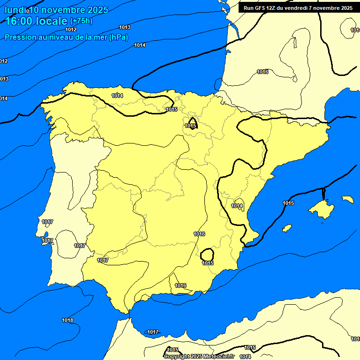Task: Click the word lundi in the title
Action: click(x=15, y=10)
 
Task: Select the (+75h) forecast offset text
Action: click(x=81, y=21)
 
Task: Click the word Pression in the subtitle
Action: click(x=20, y=37)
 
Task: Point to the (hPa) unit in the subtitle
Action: click(x=119, y=37)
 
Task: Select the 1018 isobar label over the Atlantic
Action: click(x=67, y=320)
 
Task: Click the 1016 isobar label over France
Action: click(x=262, y=72)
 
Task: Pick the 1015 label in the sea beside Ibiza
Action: click(x=288, y=203)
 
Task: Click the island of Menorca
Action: click(x=347, y=199)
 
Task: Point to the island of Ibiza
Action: click(x=287, y=228)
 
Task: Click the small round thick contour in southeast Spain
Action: click(x=207, y=255)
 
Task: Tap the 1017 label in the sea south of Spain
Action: click(x=153, y=332)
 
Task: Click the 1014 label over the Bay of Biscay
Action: click(x=140, y=45)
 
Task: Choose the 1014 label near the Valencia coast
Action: click(x=237, y=206)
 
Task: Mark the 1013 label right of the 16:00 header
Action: click(x=125, y=27)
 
